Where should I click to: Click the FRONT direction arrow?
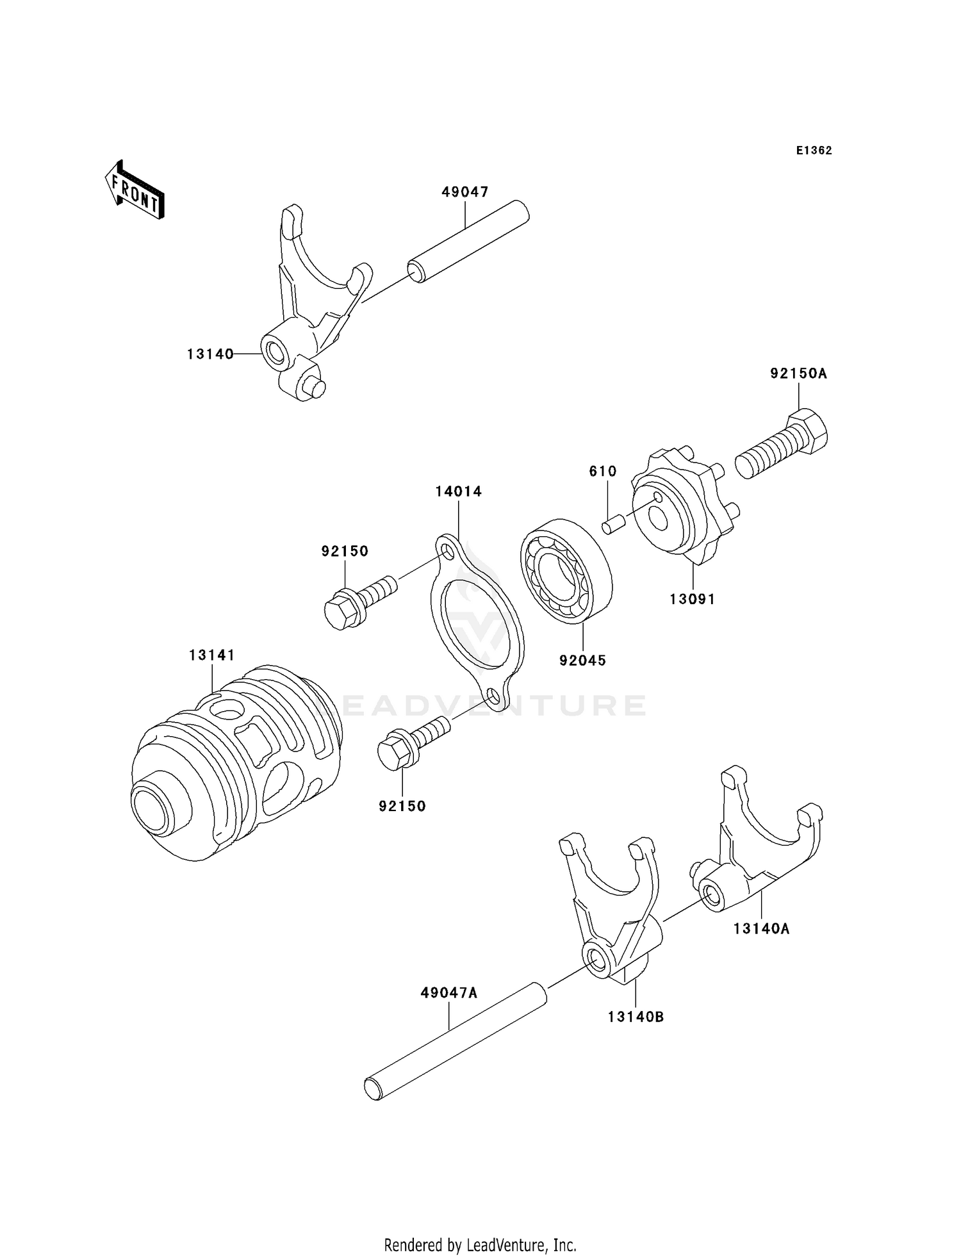click(135, 190)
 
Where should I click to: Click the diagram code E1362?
click(814, 151)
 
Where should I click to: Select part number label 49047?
click(464, 192)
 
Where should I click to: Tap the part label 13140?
click(210, 354)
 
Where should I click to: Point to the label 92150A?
click(798, 373)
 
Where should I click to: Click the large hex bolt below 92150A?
click(782, 446)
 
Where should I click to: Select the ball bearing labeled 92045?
click(566, 571)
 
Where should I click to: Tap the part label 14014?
click(458, 491)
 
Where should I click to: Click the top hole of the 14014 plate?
click(447, 551)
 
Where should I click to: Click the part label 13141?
click(211, 655)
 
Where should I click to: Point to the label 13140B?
click(636, 1017)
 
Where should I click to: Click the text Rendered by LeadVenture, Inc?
click(480, 1245)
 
